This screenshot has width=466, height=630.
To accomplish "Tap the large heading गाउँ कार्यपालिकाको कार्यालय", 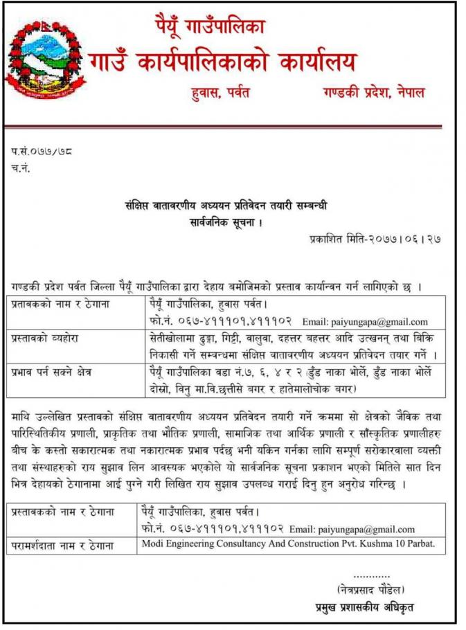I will pyautogui.click(x=222, y=62).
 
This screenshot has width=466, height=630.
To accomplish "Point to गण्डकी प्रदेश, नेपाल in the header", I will pyautogui.click(x=373, y=92).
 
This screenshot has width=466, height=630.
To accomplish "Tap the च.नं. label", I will pyautogui.click(x=21, y=167).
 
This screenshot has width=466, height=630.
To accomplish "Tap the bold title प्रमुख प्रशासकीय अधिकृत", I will pyautogui.click(x=364, y=607).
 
